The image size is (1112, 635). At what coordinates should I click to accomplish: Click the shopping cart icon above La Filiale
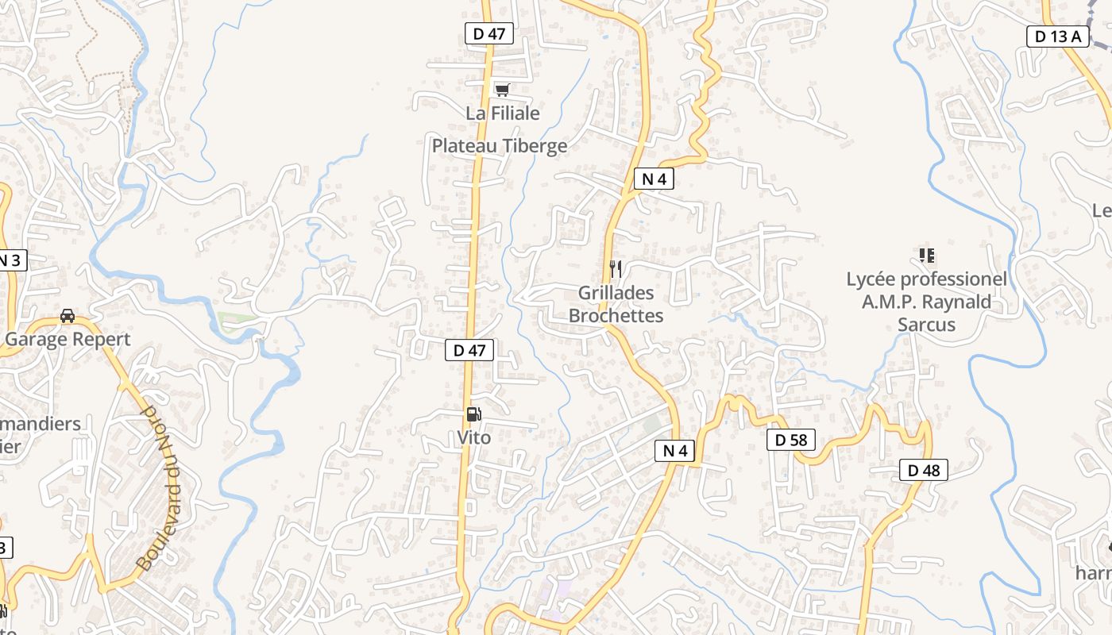502,90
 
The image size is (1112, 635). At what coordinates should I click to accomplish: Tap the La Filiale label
503,114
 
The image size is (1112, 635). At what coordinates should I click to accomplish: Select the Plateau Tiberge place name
500,146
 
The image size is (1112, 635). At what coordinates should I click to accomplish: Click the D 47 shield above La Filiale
489,33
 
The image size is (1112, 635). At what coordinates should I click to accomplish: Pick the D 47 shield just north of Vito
469,350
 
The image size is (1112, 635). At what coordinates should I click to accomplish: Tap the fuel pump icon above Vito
473,414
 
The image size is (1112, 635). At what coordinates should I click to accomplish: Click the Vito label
474,437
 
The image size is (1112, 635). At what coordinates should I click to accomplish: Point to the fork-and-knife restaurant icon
616,269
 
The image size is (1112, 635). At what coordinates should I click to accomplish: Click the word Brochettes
616,316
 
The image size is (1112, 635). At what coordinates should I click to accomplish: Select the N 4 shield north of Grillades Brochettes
654,179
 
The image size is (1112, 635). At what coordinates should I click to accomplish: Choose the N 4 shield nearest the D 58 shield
674,451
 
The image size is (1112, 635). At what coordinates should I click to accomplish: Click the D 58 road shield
791,440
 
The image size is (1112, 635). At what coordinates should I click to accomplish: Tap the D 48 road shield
924,470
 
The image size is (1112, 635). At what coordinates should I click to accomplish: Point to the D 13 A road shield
1057,36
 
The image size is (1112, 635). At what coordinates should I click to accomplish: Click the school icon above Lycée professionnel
926,256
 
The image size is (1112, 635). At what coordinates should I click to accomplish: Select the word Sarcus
926,325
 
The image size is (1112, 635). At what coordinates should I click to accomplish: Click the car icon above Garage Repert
68,316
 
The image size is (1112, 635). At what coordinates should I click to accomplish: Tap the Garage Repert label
68,340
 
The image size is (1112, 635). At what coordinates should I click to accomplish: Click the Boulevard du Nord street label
160,487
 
